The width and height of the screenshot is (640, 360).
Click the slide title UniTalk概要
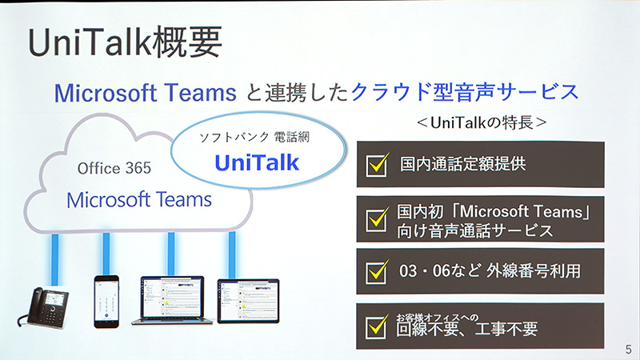tap(124, 44)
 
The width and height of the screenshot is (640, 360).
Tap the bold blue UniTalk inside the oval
tap(257, 162)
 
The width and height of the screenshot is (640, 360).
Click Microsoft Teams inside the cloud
tap(139, 198)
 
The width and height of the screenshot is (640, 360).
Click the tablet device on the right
tap(248, 301)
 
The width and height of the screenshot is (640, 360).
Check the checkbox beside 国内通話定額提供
tap(376, 165)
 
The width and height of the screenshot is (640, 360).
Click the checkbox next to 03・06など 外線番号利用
tap(376, 271)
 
